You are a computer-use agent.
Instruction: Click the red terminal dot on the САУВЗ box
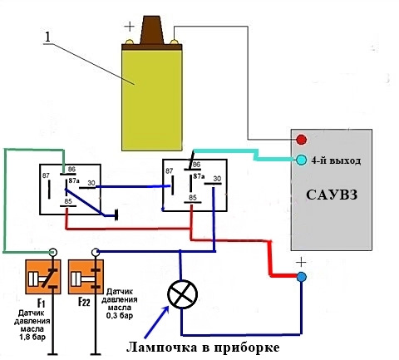click(301, 140)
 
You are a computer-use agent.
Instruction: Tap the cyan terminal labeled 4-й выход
click(301, 160)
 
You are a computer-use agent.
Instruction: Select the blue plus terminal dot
click(302, 277)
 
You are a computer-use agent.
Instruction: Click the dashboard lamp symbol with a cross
click(183, 294)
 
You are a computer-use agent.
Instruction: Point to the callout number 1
click(48, 37)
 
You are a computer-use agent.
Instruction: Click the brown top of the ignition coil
click(151, 30)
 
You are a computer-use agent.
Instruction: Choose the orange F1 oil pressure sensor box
click(43, 277)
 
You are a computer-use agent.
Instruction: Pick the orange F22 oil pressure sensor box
click(86, 277)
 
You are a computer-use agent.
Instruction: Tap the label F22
click(84, 302)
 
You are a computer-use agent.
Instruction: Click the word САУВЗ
click(332, 195)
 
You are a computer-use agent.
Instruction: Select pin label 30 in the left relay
click(91, 183)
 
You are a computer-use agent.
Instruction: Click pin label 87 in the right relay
click(169, 171)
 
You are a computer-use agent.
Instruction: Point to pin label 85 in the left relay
click(68, 201)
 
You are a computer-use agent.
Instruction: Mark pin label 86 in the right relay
click(196, 165)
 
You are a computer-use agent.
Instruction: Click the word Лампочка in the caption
click(161, 348)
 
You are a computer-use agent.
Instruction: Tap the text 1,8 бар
click(32, 338)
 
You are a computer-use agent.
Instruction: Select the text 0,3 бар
click(120, 315)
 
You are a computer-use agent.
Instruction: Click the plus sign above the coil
click(129, 27)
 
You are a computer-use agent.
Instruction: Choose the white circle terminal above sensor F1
click(52, 252)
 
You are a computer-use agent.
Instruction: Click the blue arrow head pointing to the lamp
click(165, 309)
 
